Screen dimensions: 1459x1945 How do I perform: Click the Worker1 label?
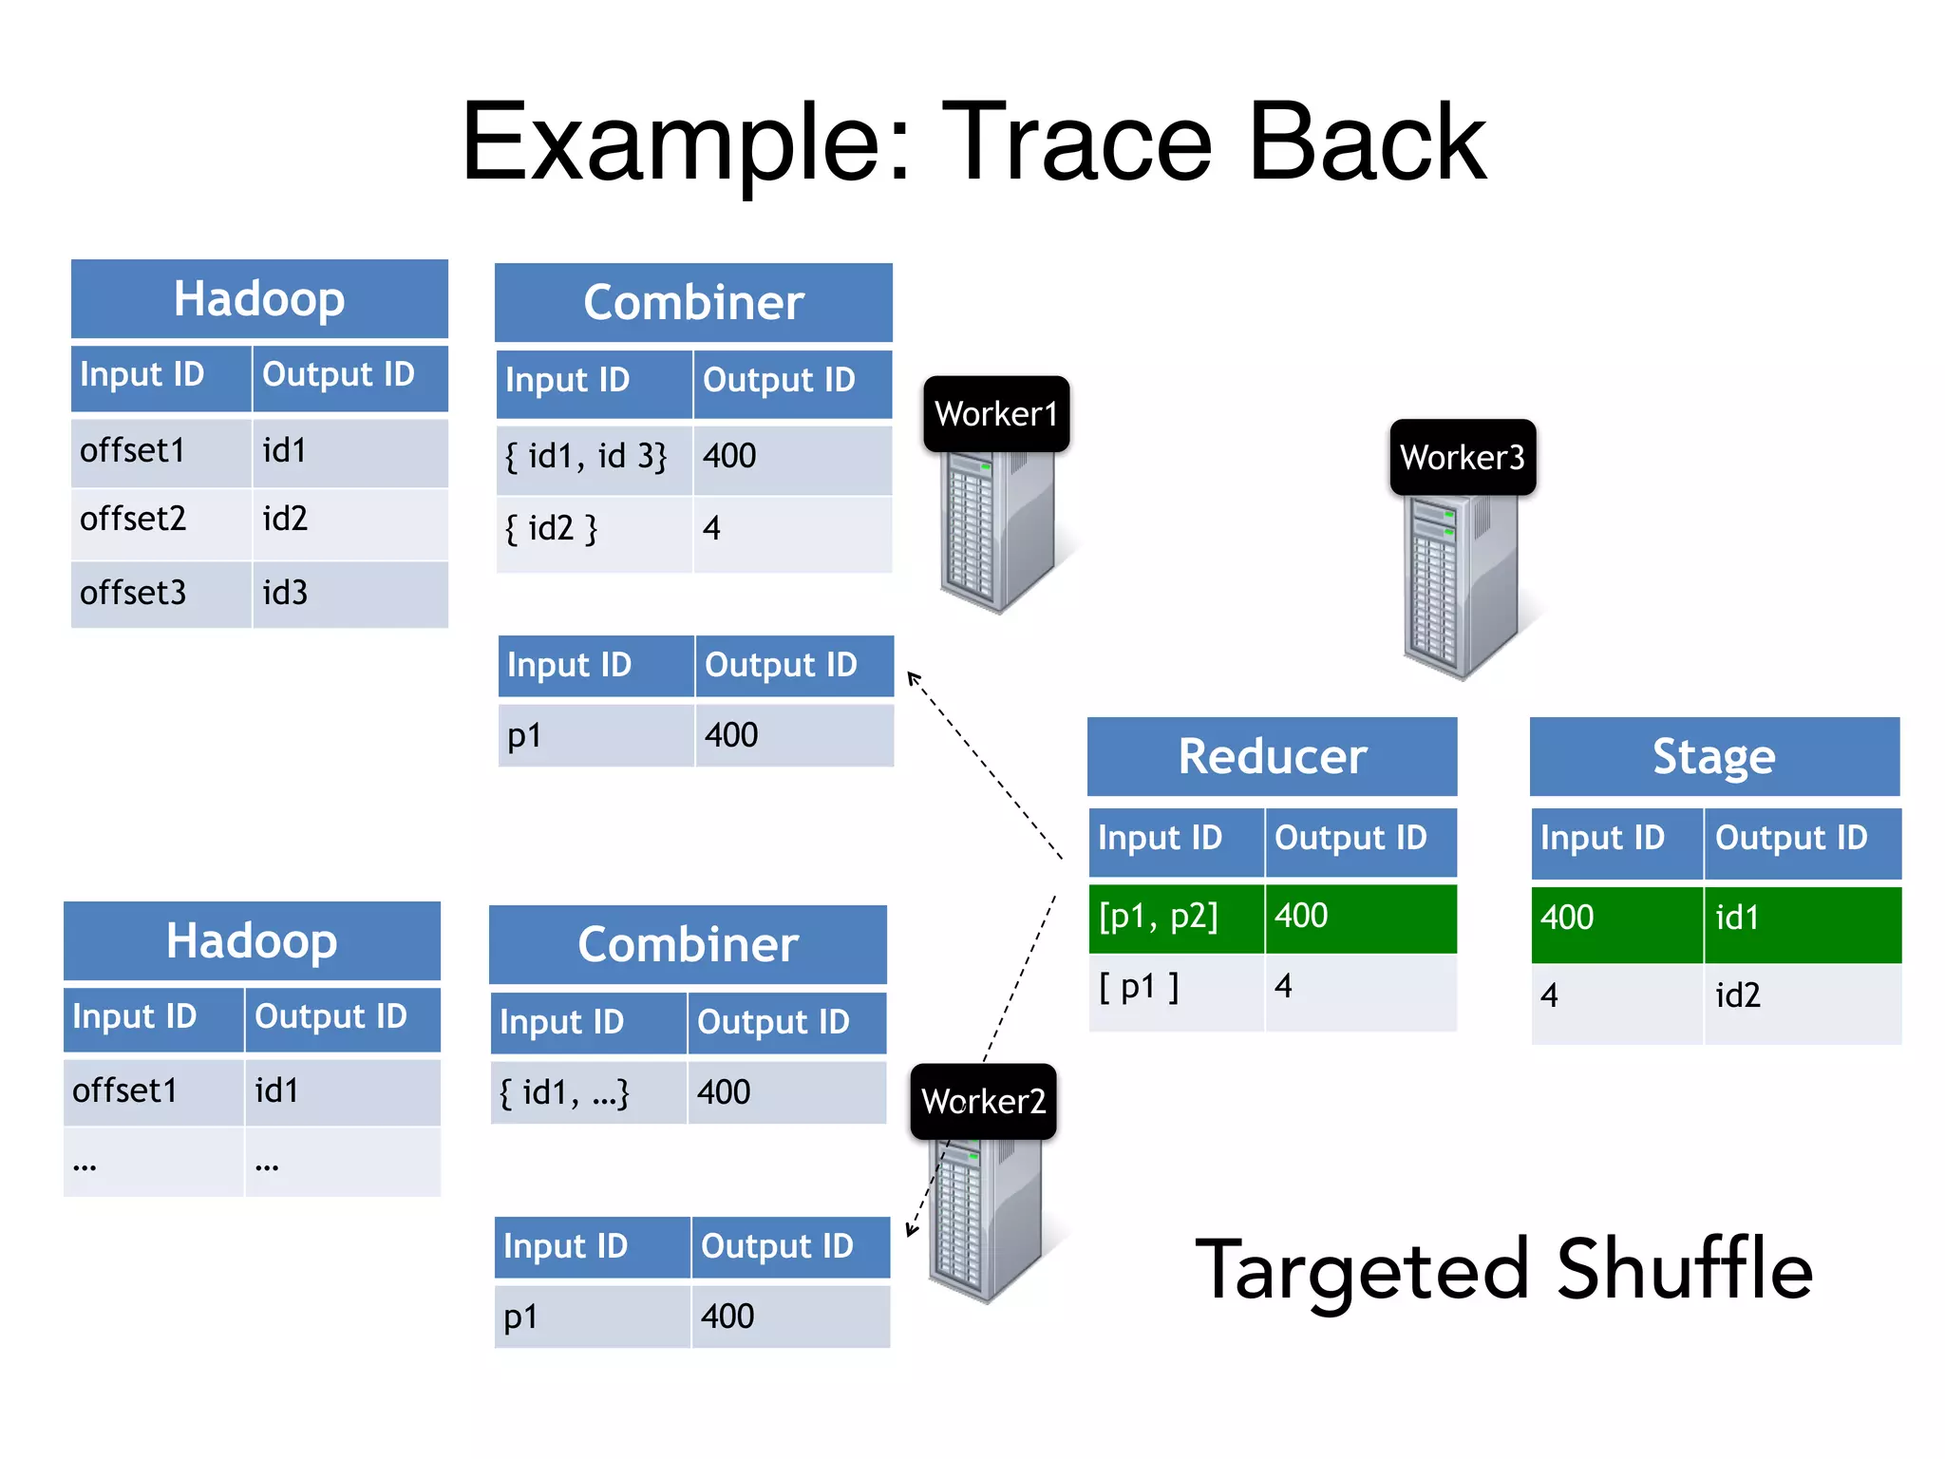click(996, 414)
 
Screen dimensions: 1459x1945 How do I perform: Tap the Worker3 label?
click(1463, 458)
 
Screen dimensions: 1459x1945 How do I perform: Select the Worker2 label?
click(983, 1102)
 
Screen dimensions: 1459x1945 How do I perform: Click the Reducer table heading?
click(1272, 757)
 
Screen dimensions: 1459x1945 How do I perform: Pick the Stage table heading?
click(1714, 757)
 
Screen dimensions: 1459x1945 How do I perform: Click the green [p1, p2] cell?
click(1176, 918)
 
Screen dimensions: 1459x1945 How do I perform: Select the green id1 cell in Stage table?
click(1802, 919)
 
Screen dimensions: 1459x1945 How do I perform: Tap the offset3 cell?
click(161, 594)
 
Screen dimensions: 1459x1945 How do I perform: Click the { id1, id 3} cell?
click(594, 458)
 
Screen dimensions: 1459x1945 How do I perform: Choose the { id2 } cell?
click(594, 530)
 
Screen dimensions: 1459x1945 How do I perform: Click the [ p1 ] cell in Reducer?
click(1176, 990)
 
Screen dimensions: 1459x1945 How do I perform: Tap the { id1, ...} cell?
click(588, 1093)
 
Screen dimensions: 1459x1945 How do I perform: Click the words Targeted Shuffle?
click(1503, 1271)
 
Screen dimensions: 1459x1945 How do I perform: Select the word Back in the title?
click(1367, 142)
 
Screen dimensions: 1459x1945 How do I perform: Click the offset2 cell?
click(161, 521)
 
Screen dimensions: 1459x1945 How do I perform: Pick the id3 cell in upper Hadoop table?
click(349, 594)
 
